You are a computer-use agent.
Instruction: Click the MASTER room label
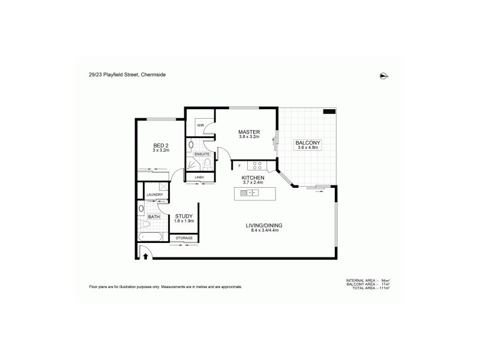pos(248,132)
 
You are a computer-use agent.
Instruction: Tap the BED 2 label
pos(161,145)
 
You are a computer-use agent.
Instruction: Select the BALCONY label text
pos(308,142)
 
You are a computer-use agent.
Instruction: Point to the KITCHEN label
pos(253,178)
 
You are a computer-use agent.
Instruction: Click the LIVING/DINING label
pos(264,225)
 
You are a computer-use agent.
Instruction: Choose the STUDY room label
pos(184,216)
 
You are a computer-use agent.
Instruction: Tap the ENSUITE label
pos(202,154)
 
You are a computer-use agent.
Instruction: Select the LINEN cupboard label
pos(197,177)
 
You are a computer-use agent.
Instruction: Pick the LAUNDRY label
pos(155,194)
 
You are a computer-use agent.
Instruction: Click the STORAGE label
pos(184,238)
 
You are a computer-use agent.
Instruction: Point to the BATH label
pos(154,217)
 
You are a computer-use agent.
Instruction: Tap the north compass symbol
pos(383,76)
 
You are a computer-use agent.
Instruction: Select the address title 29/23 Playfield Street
pos(126,74)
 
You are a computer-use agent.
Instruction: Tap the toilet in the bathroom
pos(145,225)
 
